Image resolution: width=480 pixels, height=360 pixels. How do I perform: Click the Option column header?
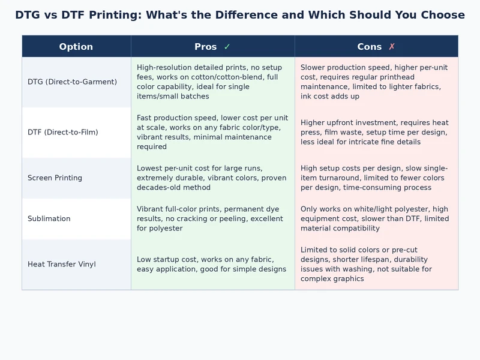point(76,47)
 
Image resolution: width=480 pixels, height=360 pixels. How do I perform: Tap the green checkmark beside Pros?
point(227,47)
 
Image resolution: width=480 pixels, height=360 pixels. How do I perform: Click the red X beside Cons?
point(392,47)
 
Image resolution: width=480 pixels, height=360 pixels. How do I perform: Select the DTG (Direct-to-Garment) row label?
point(72,82)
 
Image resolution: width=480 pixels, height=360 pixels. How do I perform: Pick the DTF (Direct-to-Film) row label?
point(63,132)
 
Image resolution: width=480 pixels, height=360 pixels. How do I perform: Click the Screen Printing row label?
point(55,178)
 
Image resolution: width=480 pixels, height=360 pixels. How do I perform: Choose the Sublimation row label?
point(49,218)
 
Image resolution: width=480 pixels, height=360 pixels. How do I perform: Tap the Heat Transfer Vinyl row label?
point(62,264)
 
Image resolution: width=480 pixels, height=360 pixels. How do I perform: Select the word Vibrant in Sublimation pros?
point(150,209)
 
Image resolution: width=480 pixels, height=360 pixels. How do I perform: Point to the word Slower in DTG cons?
point(314,67)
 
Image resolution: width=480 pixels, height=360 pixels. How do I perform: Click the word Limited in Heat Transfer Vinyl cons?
point(315,250)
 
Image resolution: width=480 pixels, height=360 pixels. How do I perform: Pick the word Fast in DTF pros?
point(145,118)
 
